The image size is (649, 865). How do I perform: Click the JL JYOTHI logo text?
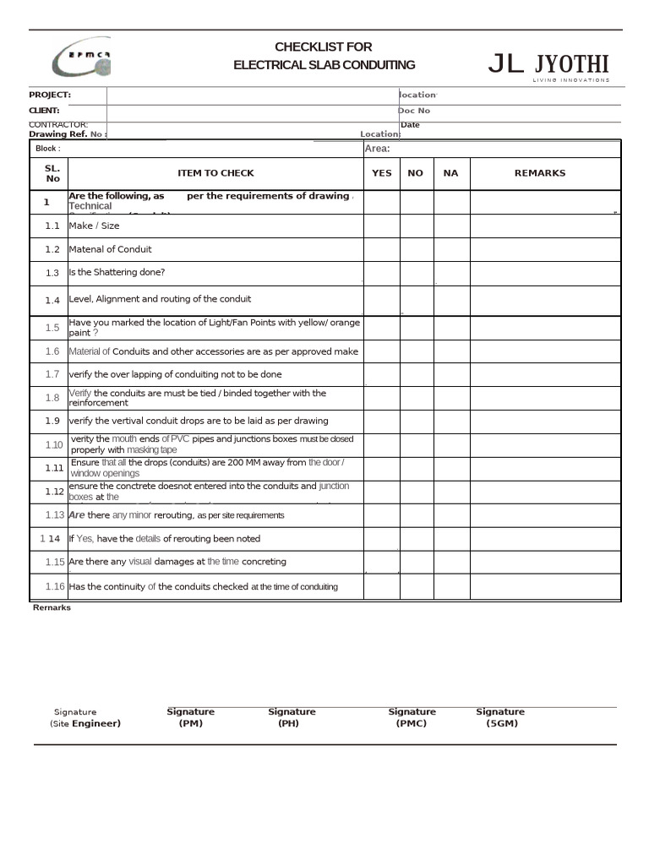click(548, 64)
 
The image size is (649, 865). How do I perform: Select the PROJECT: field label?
click(50, 95)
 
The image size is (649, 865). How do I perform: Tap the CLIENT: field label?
click(44, 111)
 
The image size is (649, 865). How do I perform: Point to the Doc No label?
click(414, 111)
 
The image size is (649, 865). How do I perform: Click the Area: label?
click(377, 149)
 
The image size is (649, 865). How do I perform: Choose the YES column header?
click(382, 173)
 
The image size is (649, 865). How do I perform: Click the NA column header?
click(450, 173)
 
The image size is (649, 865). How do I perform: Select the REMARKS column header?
click(540, 173)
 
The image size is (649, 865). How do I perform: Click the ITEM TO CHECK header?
click(215, 173)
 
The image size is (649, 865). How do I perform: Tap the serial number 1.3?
click(52, 273)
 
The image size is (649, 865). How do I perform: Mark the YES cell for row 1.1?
click(382, 226)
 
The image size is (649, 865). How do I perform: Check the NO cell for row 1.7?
click(416, 374)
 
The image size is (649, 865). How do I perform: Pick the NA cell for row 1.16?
click(451, 586)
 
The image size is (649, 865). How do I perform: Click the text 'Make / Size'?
click(94, 226)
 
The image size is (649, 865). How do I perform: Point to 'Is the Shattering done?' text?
click(117, 272)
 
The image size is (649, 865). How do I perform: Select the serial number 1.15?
click(54, 562)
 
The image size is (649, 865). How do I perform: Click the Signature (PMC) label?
click(412, 717)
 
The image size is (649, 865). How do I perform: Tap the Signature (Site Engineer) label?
click(85, 718)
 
